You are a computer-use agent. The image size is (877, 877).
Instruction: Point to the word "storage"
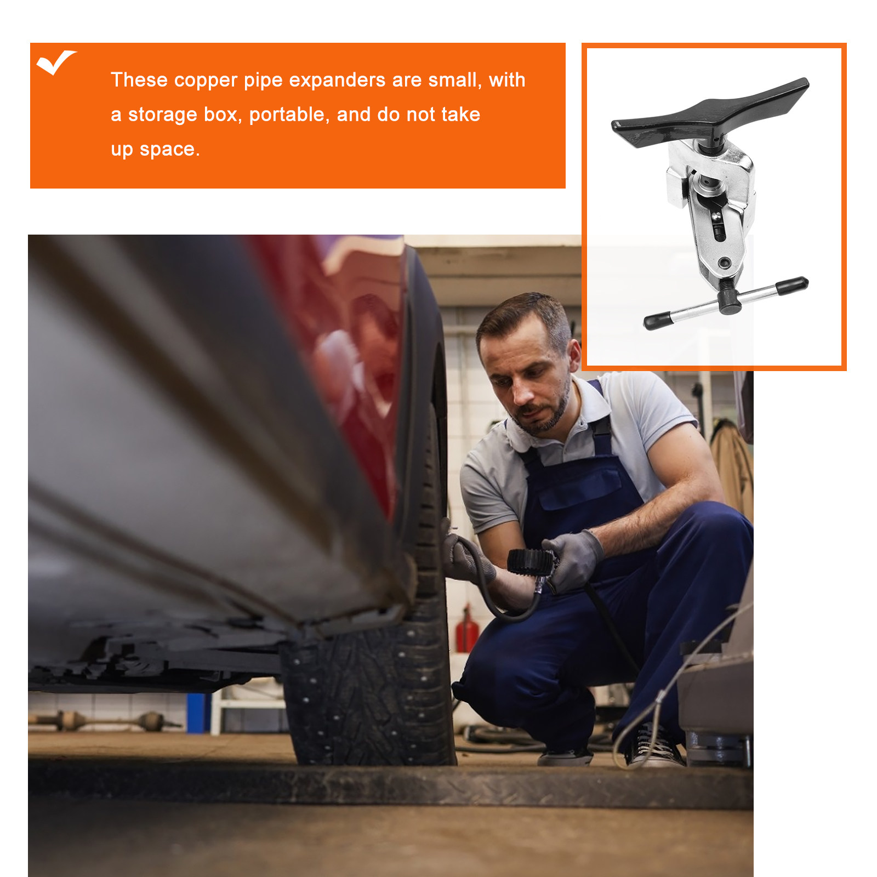click(162, 115)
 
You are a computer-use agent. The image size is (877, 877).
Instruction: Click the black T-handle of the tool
click(710, 113)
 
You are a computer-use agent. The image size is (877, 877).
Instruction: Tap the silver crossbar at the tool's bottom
click(726, 303)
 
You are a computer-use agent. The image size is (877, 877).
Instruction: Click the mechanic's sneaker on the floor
click(656, 746)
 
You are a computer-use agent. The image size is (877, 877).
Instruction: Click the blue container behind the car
click(198, 713)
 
